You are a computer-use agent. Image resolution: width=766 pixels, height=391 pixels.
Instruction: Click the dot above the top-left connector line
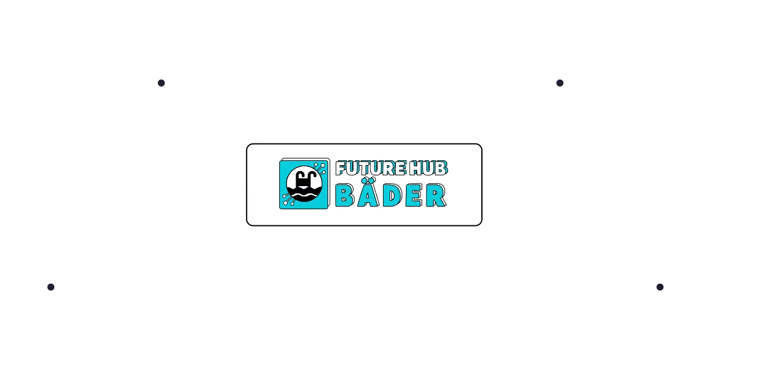(x=161, y=82)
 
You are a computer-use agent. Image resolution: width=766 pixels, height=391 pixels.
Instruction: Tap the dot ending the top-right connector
(x=560, y=82)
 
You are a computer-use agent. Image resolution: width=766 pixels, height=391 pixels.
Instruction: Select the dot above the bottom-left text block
(x=51, y=287)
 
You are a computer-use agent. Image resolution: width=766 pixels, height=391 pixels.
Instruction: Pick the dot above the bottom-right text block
(x=660, y=287)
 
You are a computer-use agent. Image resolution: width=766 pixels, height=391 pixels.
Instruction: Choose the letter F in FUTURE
(x=341, y=169)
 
